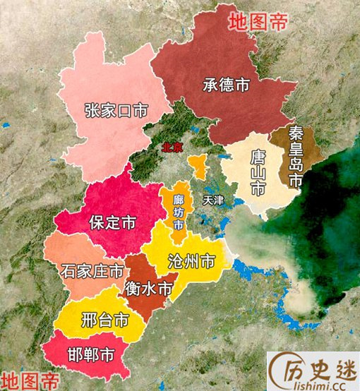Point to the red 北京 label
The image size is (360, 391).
172,148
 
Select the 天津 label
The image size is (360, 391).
212,200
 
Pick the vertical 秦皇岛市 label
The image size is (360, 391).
296,157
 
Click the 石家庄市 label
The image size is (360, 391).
92,270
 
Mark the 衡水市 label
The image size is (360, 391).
148,288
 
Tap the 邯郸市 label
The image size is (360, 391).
90,354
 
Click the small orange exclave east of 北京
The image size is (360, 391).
198,167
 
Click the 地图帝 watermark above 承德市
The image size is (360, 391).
258,20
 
